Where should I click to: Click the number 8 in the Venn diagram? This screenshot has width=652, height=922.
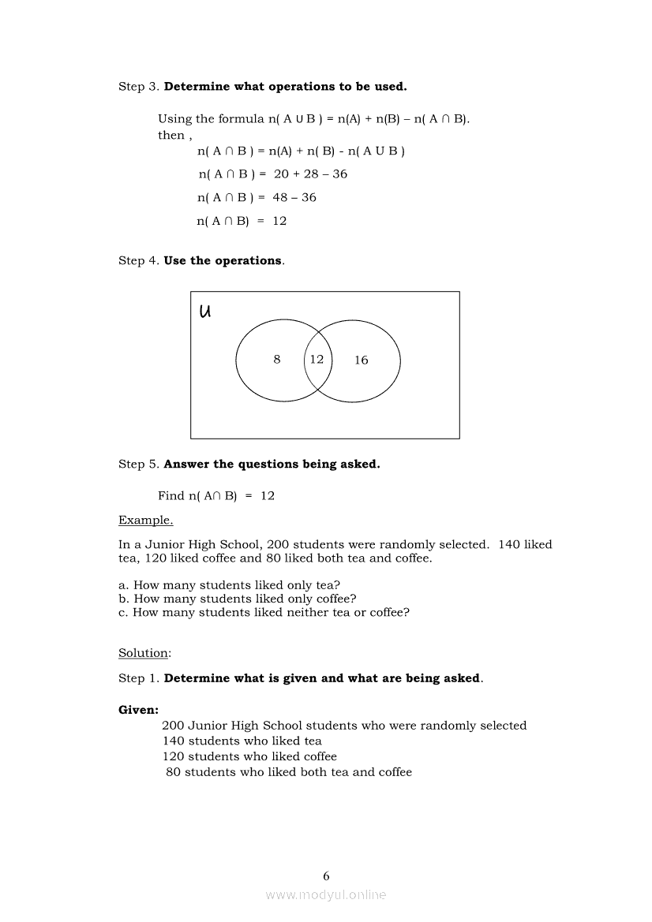coord(277,360)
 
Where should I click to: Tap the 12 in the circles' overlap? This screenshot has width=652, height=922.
coord(317,360)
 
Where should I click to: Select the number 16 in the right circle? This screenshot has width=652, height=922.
coord(361,360)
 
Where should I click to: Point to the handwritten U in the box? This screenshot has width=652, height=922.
coord(205,311)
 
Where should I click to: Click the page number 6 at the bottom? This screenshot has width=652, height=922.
coord(326,875)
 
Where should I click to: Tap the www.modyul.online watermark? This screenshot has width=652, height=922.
coord(326,894)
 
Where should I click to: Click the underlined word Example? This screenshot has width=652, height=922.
coord(145,520)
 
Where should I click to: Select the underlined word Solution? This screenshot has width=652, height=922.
coord(144,653)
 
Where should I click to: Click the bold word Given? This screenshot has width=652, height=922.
coord(138,710)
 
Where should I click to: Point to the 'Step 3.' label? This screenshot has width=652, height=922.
coord(139,87)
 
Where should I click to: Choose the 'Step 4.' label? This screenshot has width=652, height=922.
coord(139,260)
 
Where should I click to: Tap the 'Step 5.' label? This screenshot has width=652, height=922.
coord(139,465)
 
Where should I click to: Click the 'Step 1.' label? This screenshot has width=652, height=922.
coord(139,678)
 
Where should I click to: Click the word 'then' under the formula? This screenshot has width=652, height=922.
coord(170,135)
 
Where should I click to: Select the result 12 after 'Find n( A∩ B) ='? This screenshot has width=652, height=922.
coord(268,496)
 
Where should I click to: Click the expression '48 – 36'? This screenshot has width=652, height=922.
coord(294,198)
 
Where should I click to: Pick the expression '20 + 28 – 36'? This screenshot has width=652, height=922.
coord(310,174)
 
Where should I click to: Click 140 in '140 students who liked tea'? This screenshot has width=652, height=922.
coord(174,741)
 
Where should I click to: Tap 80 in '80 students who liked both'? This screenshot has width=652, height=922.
coord(174,772)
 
